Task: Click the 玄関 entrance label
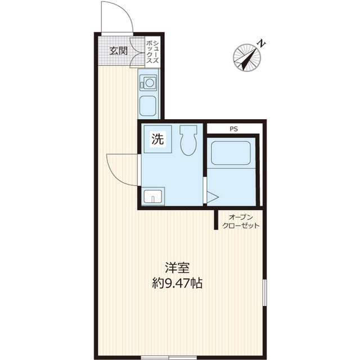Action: click(x=119, y=51)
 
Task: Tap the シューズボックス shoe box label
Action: click(x=152, y=52)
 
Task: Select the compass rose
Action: click(x=247, y=57)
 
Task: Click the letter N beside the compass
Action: click(x=261, y=43)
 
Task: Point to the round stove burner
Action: click(x=150, y=83)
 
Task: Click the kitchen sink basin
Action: click(x=148, y=106)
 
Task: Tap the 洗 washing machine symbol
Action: click(x=157, y=139)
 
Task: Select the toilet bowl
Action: click(x=188, y=140)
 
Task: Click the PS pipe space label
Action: click(x=234, y=129)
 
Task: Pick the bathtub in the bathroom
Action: click(x=231, y=153)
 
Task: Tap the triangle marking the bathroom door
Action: click(x=213, y=197)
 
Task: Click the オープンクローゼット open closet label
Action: click(x=241, y=221)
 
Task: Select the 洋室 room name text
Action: click(x=177, y=268)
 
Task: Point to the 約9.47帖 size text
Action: click(x=177, y=283)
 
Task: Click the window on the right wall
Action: click(x=265, y=292)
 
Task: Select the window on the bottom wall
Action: click(x=169, y=358)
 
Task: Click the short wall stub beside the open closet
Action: click(x=216, y=219)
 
